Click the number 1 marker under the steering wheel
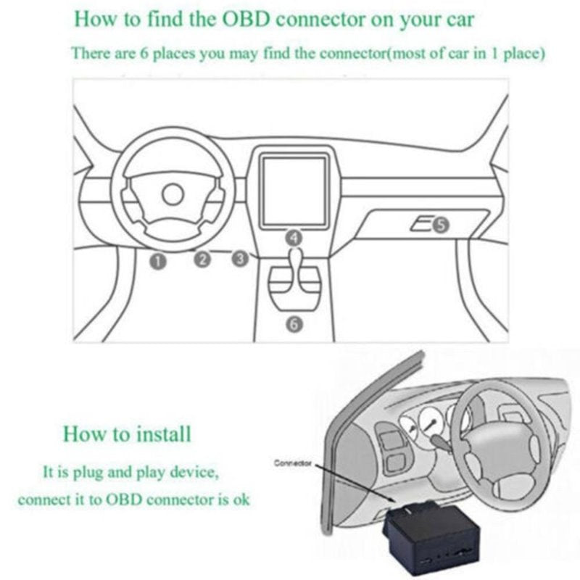pos(159,260)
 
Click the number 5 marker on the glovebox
pos(441,226)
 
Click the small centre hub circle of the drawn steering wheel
pos(173,194)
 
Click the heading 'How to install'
pos(127,434)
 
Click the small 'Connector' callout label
pos(292,463)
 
